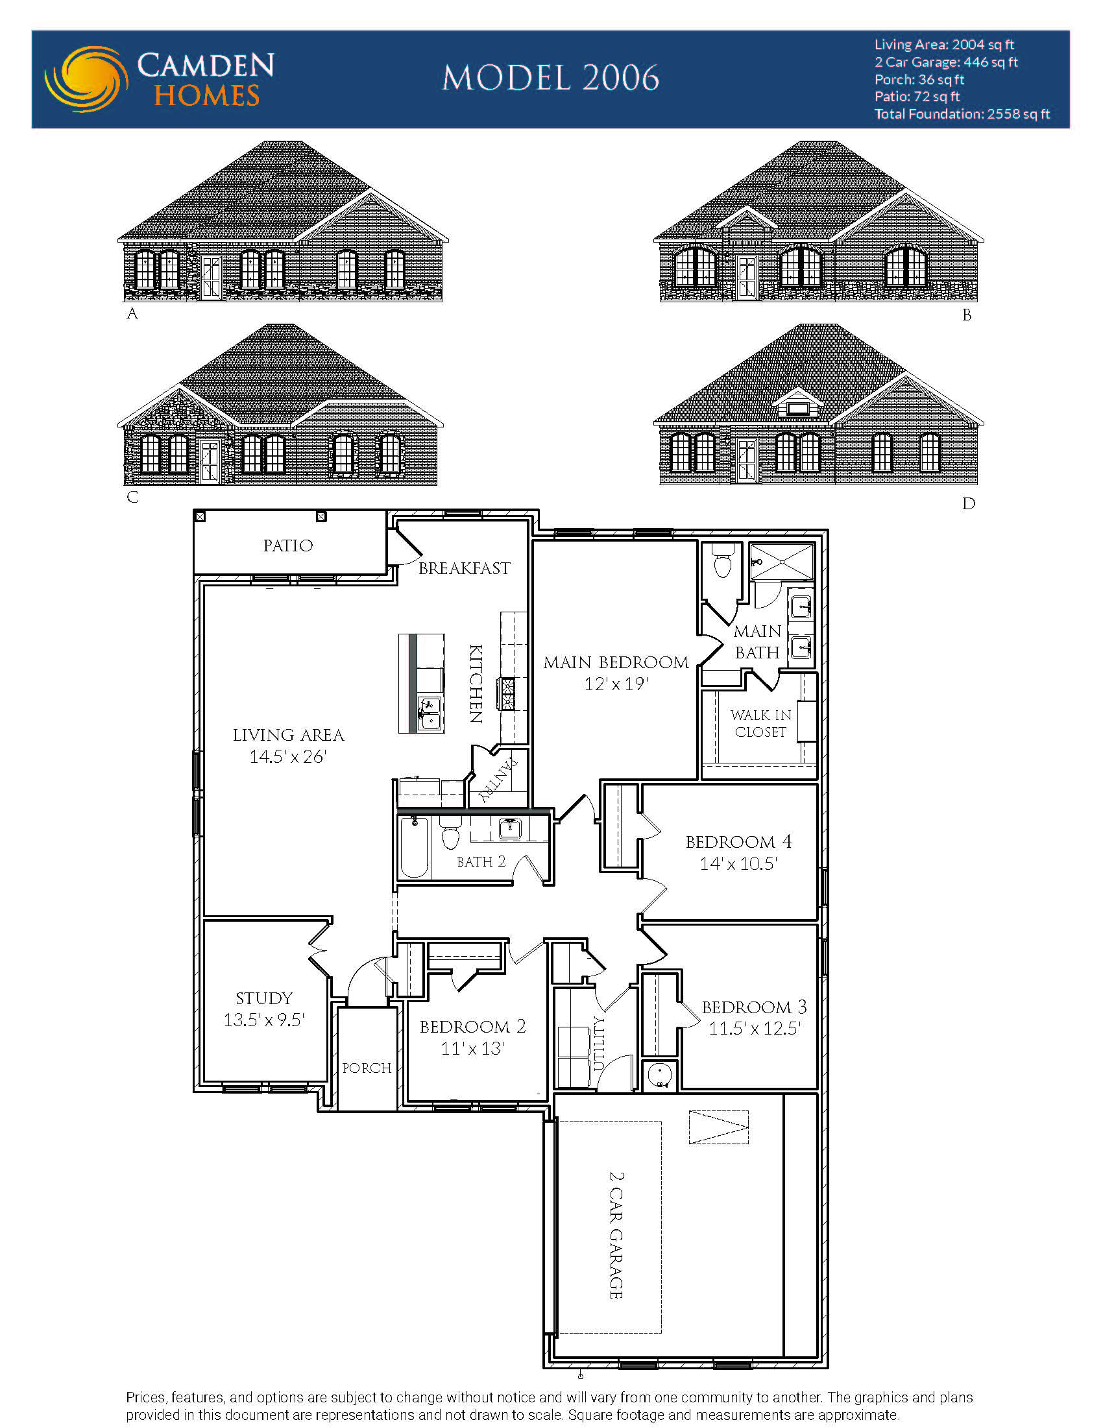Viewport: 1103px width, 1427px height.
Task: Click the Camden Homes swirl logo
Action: pyautogui.click(x=86, y=79)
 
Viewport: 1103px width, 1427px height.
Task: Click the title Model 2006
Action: pyautogui.click(x=550, y=78)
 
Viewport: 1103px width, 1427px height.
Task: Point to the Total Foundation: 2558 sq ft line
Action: pyautogui.click(x=962, y=114)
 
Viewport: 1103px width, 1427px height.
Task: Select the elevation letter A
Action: pyautogui.click(x=132, y=314)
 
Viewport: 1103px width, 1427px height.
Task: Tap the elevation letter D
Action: pyautogui.click(x=968, y=503)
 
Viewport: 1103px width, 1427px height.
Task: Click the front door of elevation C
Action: pyautogui.click(x=210, y=462)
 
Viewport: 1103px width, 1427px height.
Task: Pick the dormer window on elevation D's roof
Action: pyautogui.click(x=797, y=408)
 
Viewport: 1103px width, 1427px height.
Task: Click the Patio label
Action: pyautogui.click(x=288, y=546)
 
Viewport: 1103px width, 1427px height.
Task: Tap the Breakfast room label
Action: pyautogui.click(x=464, y=568)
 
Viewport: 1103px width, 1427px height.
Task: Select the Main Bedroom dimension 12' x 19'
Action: pyautogui.click(x=616, y=684)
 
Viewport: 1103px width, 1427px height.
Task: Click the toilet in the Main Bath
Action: pyautogui.click(x=721, y=564)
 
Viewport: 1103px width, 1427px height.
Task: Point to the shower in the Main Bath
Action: pyautogui.click(x=782, y=561)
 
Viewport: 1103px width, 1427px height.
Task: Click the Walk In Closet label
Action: pyautogui.click(x=760, y=723)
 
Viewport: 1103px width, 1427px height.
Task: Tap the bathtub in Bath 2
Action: pyautogui.click(x=414, y=846)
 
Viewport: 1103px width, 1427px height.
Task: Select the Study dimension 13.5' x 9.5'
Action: pyautogui.click(x=264, y=1020)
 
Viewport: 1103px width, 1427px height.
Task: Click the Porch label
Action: pyautogui.click(x=367, y=1068)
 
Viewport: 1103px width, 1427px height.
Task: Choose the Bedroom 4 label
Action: pyautogui.click(x=738, y=841)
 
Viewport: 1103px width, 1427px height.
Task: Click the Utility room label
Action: pyautogui.click(x=599, y=1043)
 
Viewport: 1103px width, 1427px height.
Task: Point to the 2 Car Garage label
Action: pyautogui.click(x=616, y=1235)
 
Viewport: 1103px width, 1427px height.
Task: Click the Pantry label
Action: pyautogui.click(x=498, y=780)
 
